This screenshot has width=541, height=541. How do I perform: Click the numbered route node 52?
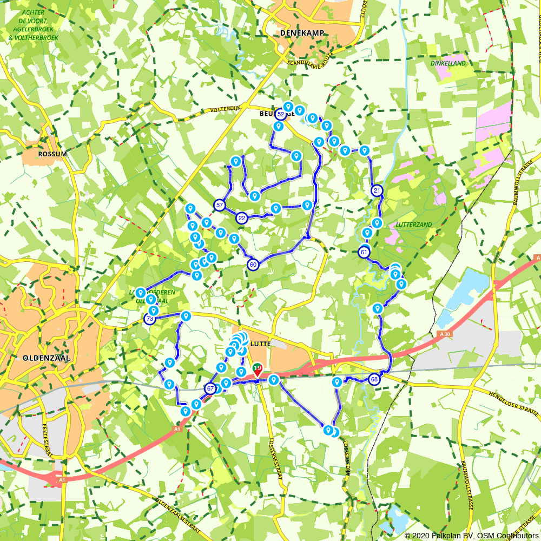point(280,115)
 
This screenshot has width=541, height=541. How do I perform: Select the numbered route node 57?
point(219,205)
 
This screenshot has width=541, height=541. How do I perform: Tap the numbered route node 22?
point(242,218)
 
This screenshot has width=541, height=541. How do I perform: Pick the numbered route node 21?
point(377,190)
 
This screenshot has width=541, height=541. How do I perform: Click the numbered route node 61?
point(364,252)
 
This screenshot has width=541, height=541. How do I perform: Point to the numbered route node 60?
point(253,265)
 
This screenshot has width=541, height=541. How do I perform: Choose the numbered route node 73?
point(150,319)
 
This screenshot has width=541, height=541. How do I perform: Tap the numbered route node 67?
point(210,388)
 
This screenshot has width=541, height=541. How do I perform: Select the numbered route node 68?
point(374,380)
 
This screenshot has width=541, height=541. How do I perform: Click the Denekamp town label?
point(302,33)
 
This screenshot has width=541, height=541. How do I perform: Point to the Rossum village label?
point(52,154)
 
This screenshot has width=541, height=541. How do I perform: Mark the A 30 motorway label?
point(445,334)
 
